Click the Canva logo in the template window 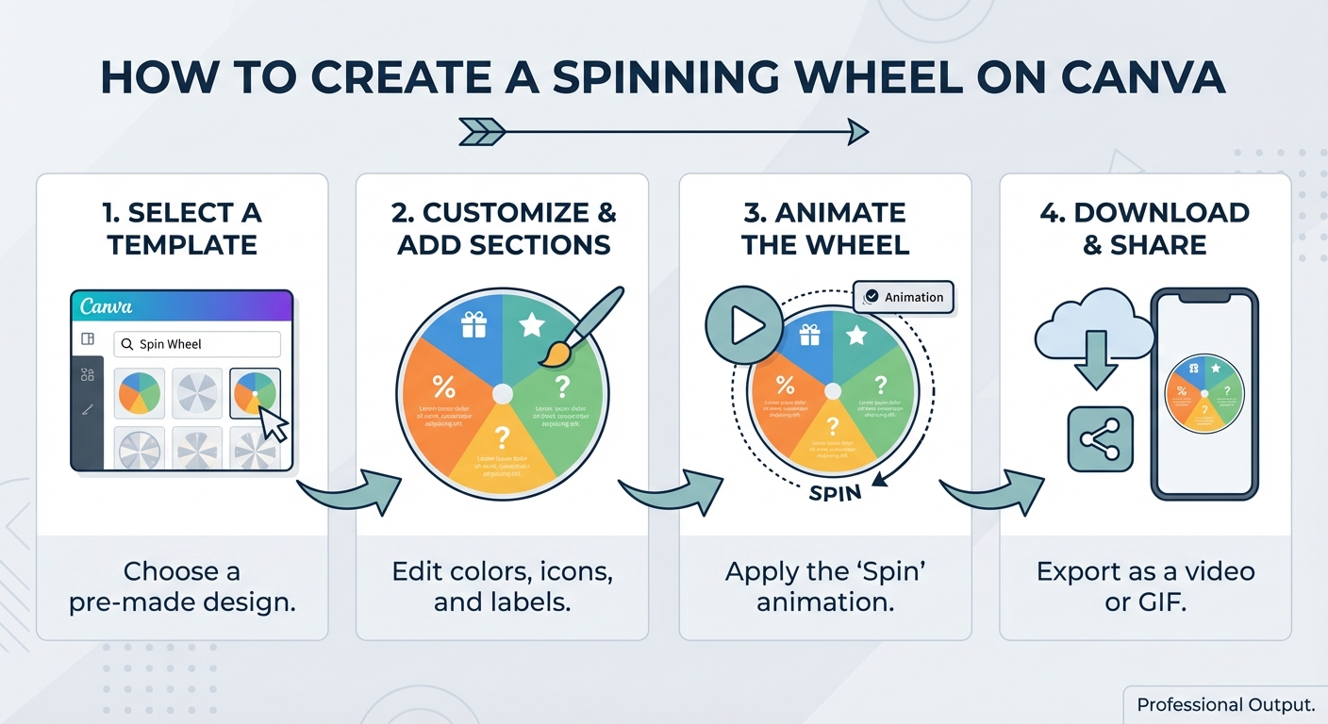[107, 307]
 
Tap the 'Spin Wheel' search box [197, 344]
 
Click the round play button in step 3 [744, 325]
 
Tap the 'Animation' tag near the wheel [904, 297]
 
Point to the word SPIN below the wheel [836, 493]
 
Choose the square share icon [1099, 440]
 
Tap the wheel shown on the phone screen [1204, 393]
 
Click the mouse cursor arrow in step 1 [273, 423]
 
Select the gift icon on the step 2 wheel [473, 325]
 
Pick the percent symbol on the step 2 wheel [443, 386]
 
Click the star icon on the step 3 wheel [856, 335]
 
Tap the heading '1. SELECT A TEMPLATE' [182, 228]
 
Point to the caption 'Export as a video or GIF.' [1145, 585]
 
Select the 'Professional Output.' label [1225, 704]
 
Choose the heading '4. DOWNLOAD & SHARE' [1145, 228]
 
